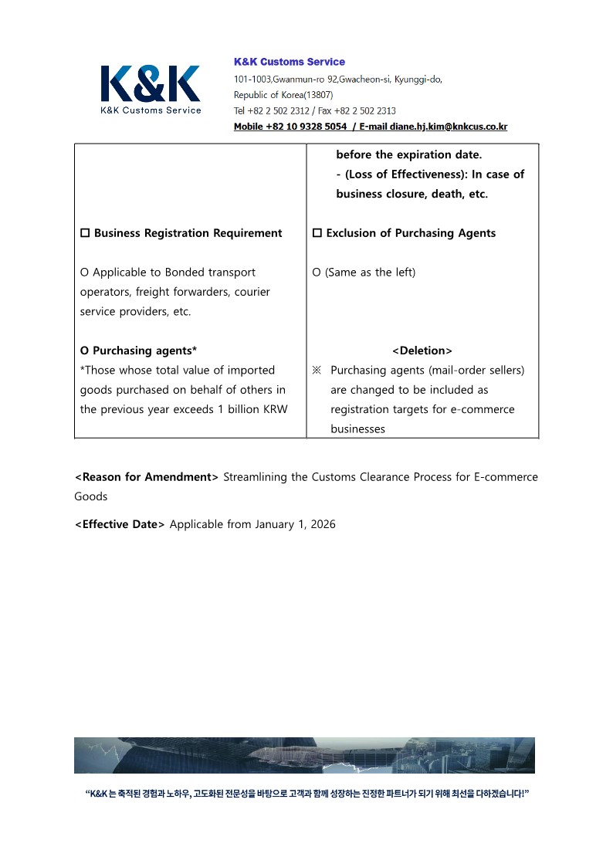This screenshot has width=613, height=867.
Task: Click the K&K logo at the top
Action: click(x=151, y=89)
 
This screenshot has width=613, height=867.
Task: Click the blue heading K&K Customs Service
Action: click(x=290, y=62)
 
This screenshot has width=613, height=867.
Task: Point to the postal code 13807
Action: click(x=318, y=94)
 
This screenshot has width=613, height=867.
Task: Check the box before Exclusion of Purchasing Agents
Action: click(x=317, y=233)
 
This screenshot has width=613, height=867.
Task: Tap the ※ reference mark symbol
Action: click(x=317, y=371)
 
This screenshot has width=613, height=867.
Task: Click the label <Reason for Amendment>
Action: click(x=147, y=477)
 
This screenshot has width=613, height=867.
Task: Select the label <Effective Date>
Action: click(x=120, y=524)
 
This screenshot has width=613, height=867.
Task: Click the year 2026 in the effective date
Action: click(x=323, y=524)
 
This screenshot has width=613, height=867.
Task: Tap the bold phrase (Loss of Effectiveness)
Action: click(x=405, y=174)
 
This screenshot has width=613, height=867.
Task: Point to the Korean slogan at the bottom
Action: click(x=306, y=794)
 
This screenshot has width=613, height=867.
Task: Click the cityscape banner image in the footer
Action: click(x=304, y=755)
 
